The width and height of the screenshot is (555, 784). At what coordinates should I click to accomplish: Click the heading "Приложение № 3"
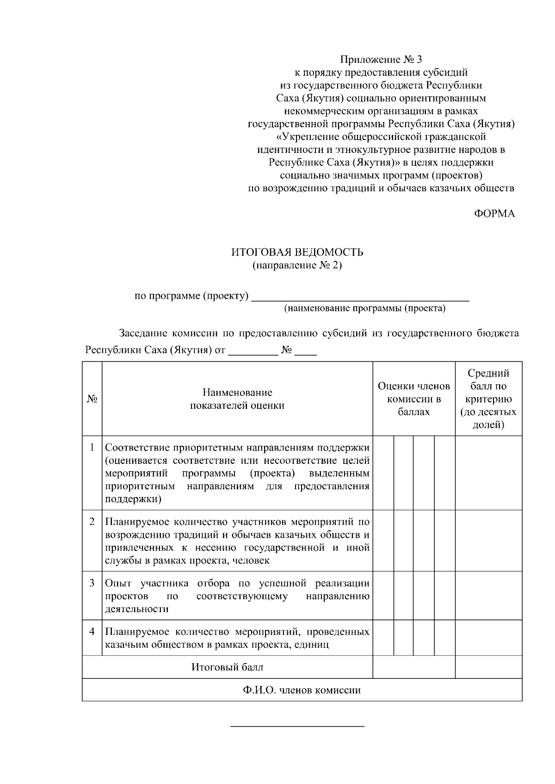[x=381, y=60]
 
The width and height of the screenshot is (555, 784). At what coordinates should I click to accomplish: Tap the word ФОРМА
[x=494, y=214]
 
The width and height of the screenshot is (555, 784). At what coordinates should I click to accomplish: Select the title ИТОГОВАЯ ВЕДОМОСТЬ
[x=297, y=252]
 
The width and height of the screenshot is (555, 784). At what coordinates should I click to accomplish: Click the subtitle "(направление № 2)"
[x=297, y=266]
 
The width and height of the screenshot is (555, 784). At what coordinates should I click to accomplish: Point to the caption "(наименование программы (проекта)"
[x=364, y=309]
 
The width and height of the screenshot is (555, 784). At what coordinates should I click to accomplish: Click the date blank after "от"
[x=253, y=351]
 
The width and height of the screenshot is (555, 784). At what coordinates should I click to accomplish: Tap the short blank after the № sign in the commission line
[x=305, y=351]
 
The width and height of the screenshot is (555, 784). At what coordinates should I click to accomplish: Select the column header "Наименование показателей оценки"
[x=237, y=399]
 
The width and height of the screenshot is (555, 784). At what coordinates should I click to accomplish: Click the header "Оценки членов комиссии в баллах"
[x=413, y=399]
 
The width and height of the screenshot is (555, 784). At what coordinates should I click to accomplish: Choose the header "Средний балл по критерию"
[x=488, y=399]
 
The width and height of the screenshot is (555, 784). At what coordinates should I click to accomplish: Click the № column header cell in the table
[x=92, y=399]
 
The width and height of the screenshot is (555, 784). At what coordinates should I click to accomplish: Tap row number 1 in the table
[x=92, y=448]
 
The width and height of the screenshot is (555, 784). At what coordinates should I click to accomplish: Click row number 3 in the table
[x=92, y=583]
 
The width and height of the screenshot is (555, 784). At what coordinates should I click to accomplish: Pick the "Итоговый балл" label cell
[x=227, y=668]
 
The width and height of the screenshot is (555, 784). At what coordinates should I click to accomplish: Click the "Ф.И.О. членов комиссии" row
[x=302, y=690]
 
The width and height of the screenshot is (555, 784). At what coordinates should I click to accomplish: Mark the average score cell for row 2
[x=488, y=541]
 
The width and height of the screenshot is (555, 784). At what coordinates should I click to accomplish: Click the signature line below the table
[x=297, y=727]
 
